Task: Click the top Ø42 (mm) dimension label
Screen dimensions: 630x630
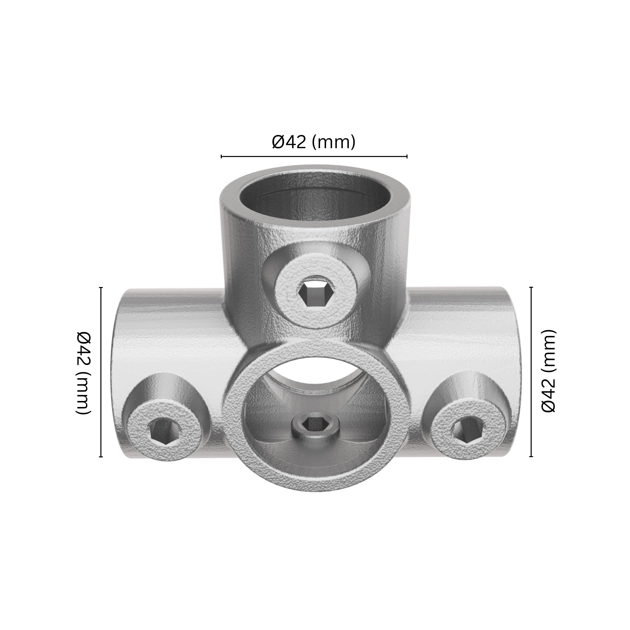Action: click(x=313, y=142)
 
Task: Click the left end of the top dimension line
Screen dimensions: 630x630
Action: click(x=222, y=156)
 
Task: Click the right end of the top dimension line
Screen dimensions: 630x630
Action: click(x=407, y=156)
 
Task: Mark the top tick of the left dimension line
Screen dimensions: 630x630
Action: click(x=101, y=288)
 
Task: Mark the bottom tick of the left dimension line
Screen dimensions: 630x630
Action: click(x=101, y=457)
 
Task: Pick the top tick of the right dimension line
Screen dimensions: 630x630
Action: click(x=531, y=288)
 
